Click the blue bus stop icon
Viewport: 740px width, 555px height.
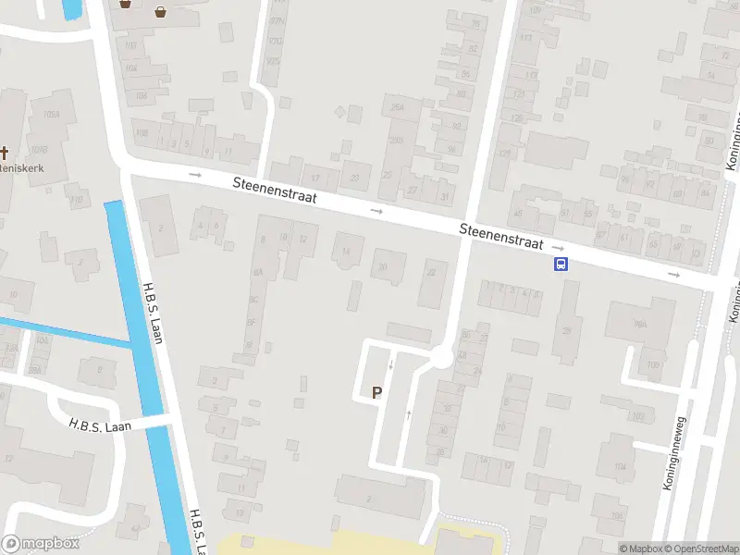coord(561,265)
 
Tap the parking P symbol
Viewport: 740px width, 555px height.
coord(376,392)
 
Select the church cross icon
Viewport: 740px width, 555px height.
coord(4,153)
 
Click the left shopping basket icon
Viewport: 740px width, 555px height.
coord(126,4)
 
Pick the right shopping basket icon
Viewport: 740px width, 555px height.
coord(161,12)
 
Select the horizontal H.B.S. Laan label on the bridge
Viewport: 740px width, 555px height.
coord(101,425)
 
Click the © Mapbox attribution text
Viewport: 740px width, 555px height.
coord(639,549)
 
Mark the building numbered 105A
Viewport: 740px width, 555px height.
coord(51,115)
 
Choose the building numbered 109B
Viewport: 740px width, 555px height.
coord(39,148)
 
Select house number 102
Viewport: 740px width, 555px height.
coord(636,417)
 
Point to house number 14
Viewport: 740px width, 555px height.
coord(347,251)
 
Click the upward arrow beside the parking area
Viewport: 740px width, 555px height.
coord(408,414)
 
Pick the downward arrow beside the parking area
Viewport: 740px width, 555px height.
coord(390,365)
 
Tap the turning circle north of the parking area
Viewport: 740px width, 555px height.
coord(441,357)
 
